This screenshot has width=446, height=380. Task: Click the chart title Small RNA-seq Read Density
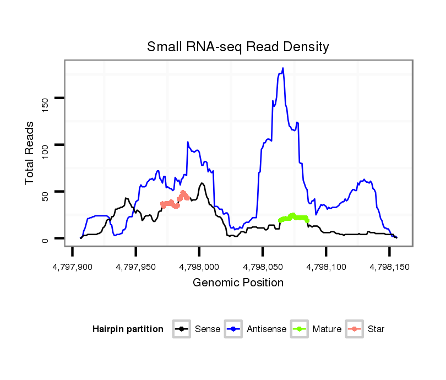[x=237, y=47]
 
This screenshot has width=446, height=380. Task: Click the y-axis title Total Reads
[x=30, y=153]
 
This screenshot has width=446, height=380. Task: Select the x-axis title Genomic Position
[x=238, y=283]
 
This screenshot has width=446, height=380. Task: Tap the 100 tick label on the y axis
[x=45, y=145]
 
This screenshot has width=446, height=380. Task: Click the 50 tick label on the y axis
[x=45, y=192]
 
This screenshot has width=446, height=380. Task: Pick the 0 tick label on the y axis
[x=45, y=238]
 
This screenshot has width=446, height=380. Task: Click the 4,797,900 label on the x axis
[x=73, y=267]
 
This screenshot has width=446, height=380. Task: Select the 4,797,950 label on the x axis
[x=136, y=267]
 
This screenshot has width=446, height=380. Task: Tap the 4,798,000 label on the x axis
[x=199, y=267]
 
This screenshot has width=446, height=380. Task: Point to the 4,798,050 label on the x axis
[x=263, y=267]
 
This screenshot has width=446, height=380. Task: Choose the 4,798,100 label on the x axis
[x=326, y=267]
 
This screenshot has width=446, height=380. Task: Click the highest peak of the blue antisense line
[x=283, y=69]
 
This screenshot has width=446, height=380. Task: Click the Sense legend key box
[x=182, y=329]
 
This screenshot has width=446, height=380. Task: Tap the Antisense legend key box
[x=234, y=329]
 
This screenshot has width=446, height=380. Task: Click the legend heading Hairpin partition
[x=128, y=329]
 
